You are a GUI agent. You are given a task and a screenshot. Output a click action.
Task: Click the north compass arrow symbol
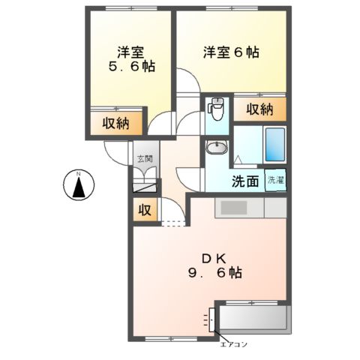click(x=78, y=184)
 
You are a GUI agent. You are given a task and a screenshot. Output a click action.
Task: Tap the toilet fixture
click(x=215, y=110)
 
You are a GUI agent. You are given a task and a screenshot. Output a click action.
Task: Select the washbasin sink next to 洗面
click(x=215, y=148)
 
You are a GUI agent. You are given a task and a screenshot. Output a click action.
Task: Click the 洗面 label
click(x=244, y=181)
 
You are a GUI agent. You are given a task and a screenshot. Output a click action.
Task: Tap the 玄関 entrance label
click(x=145, y=158)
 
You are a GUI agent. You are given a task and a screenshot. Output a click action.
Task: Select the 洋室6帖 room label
click(x=231, y=53)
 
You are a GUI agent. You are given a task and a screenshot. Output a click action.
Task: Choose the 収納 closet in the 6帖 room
click(x=259, y=109)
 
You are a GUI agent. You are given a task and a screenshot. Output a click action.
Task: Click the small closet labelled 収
click(x=145, y=211)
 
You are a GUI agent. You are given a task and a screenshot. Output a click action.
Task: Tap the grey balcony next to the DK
click(x=253, y=320)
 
